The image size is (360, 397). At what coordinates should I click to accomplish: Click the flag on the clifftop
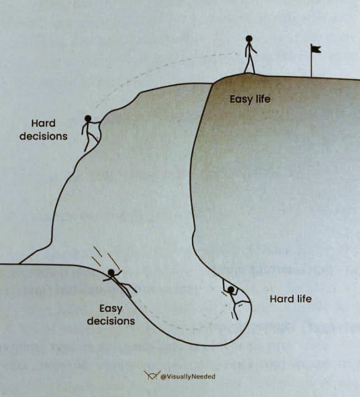[316, 49]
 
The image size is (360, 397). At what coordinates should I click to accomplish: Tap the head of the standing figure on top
[249, 39]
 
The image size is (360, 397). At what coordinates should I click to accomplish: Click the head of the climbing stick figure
[88, 118]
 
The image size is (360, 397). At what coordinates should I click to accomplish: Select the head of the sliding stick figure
[111, 273]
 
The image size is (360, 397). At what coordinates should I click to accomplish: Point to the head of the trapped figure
[230, 289]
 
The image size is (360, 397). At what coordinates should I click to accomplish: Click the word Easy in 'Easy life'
[240, 100]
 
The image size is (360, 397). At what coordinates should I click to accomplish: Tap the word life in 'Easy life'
[262, 99]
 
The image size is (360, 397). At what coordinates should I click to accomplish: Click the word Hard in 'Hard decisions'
[43, 123]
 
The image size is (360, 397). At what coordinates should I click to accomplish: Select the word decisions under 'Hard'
[43, 136]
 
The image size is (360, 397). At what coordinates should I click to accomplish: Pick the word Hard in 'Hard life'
[281, 299]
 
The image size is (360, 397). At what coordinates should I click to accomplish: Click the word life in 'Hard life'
[303, 298]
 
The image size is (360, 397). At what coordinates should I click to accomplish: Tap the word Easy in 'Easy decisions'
[110, 309]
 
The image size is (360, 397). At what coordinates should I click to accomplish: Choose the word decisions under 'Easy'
[110, 321]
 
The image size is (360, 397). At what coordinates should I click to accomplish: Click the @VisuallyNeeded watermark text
[188, 376]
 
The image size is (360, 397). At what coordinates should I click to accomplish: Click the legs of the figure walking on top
[249, 65]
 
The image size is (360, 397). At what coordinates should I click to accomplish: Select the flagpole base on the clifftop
[311, 76]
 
